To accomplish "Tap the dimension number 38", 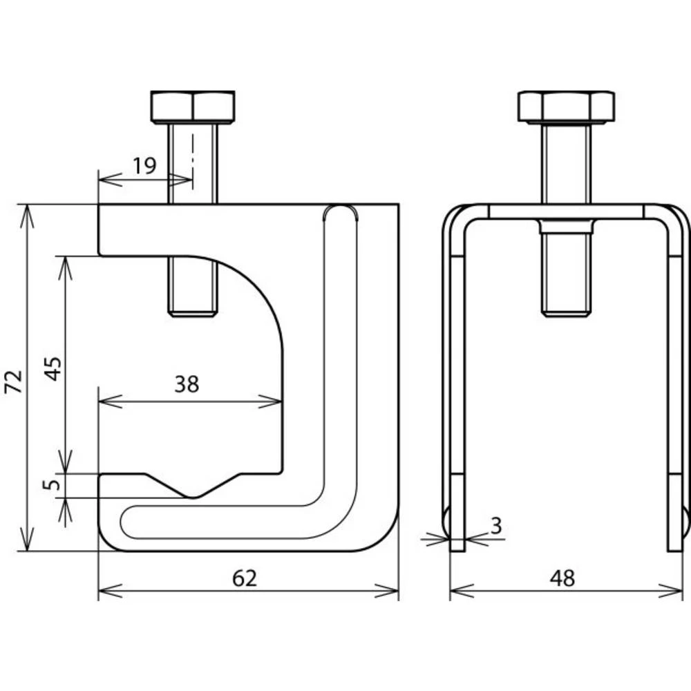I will tap(187, 384).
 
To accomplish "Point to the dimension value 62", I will tap(245, 578).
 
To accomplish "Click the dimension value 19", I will tap(144, 165).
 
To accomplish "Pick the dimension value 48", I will tap(563, 578).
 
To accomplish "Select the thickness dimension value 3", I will tap(496, 526).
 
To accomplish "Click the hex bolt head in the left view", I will tap(192, 106).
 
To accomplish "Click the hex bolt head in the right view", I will tap(566, 106).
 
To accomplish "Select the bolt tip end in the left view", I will tap(192, 312).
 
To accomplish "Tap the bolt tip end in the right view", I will tap(566, 312).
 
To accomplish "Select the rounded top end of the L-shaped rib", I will tap(341, 213).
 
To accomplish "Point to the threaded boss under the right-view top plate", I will tap(566, 227).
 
